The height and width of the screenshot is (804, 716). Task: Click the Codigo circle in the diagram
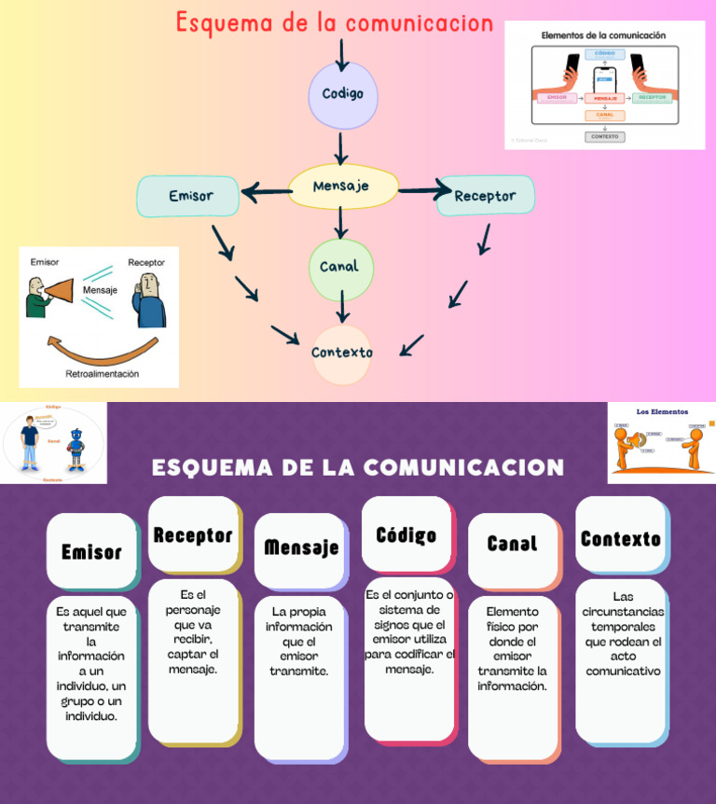coord(343,94)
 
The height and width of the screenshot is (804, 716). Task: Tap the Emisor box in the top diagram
coord(189,196)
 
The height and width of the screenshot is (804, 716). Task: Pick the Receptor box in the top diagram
coord(485,196)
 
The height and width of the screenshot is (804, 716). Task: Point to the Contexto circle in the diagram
coord(342,353)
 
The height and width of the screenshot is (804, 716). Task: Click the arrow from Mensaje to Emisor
coord(266,193)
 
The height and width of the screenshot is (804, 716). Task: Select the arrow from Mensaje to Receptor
coord(425,192)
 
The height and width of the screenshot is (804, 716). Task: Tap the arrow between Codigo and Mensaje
coord(342,147)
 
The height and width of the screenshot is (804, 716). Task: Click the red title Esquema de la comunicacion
coord(334,23)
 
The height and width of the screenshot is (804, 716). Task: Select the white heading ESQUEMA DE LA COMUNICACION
coord(358,467)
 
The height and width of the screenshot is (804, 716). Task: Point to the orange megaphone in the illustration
coord(58,292)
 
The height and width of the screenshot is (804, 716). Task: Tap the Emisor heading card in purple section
coord(91,551)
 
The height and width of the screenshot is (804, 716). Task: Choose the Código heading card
coord(406,534)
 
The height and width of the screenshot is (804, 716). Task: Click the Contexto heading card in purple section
coord(620,538)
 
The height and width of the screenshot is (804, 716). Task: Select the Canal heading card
coord(512,543)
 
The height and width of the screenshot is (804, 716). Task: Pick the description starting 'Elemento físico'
coord(512,649)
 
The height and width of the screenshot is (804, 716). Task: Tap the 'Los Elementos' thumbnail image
coord(662,442)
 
